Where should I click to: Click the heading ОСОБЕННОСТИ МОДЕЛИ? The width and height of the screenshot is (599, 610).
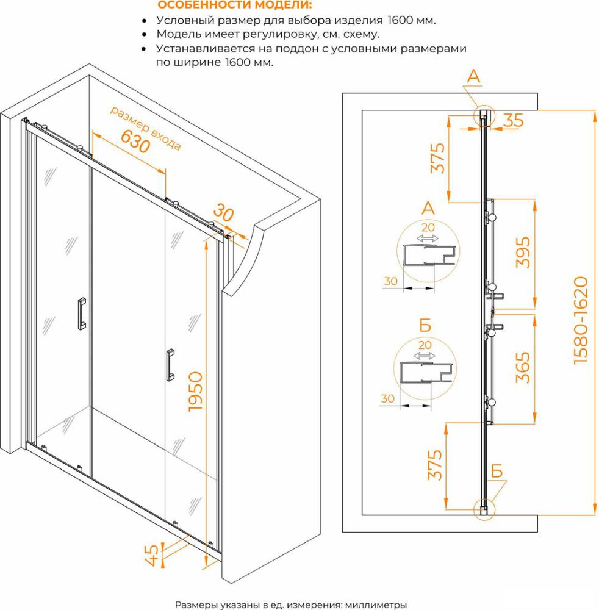point(235,5)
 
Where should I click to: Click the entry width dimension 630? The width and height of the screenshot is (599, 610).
point(135,142)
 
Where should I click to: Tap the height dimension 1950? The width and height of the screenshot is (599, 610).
point(195,392)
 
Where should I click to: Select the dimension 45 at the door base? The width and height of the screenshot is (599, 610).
point(152,555)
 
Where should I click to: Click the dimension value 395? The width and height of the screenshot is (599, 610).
point(523,253)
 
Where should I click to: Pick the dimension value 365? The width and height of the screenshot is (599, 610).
point(523,368)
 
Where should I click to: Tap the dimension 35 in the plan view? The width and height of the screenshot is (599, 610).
point(514,120)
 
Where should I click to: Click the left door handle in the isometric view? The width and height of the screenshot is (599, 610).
point(82,314)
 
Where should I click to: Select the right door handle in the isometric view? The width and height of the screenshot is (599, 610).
point(170,365)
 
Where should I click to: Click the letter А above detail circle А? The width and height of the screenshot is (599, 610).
point(428,208)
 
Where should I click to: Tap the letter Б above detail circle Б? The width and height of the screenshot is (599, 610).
point(425,325)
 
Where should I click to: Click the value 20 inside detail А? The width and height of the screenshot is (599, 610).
point(428,227)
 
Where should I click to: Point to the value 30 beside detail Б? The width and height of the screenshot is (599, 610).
point(387,398)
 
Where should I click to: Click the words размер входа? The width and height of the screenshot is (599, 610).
point(146,127)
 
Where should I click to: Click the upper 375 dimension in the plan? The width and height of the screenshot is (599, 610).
point(437,158)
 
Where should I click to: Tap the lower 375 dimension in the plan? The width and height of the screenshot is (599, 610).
point(435,465)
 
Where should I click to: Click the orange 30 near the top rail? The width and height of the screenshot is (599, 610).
point(224,213)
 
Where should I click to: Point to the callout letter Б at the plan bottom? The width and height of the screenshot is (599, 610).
point(497,471)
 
